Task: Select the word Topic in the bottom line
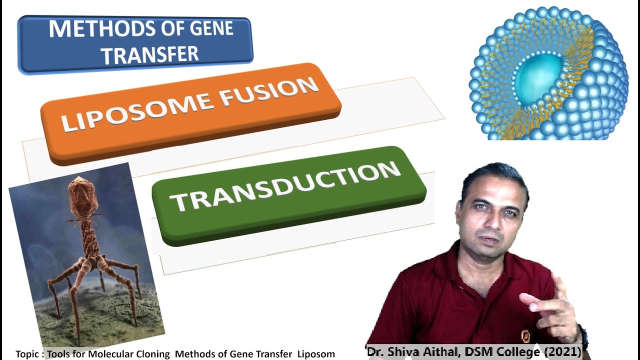tap(27, 354)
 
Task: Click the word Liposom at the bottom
tap(316, 354)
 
